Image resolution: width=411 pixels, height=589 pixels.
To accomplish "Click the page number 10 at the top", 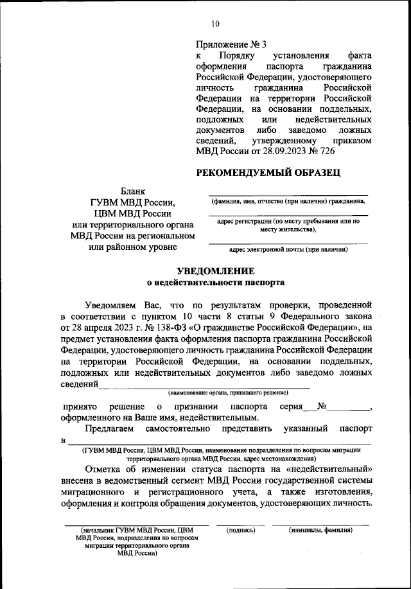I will [215, 24].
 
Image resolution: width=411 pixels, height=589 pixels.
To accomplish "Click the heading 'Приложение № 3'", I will [229, 45].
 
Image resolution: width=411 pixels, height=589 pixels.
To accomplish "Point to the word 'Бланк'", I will [134, 191].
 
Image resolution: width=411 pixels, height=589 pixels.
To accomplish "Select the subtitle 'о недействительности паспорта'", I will [215, 282].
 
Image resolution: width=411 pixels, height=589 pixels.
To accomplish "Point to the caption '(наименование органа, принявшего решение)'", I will [228, 392].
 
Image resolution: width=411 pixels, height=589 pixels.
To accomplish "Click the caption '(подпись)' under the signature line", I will [241, 530].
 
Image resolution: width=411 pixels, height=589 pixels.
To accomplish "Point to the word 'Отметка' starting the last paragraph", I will [103, 468].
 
